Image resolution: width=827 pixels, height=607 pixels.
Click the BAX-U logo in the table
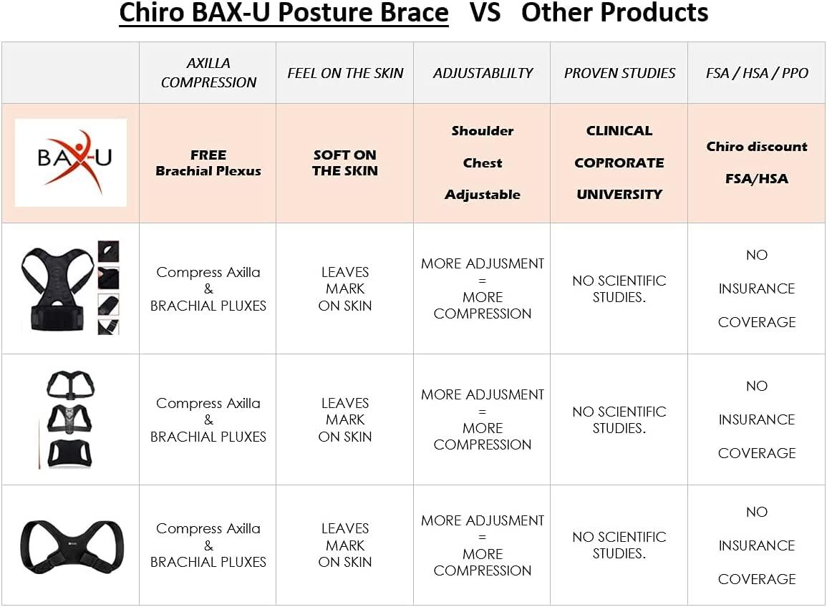(x=71, y=162)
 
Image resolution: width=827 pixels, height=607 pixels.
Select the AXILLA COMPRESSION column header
(x=208, y=73)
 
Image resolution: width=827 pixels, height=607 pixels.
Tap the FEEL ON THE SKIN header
(x=345, y=73)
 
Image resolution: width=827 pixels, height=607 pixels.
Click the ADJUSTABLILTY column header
(x=483, y=73)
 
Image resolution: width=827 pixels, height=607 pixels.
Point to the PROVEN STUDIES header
(x=619, y=73)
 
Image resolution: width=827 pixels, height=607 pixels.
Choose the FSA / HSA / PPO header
(x=757, y=73)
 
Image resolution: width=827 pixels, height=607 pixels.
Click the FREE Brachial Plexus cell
(x=208, y=163)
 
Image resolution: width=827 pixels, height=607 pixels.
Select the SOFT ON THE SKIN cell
(x=345, y=163)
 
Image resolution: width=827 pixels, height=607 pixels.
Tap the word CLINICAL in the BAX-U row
(x=619, y=131)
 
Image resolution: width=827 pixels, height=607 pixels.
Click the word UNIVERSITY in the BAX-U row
(x=619, y=194)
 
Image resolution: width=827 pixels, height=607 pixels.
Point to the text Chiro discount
(x=757, y=147)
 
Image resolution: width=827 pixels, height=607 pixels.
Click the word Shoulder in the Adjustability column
(x=483, y=131)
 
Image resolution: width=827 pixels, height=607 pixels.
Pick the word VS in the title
(x=485, y=13)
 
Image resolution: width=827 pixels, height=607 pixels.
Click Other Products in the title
(x=614, y=13)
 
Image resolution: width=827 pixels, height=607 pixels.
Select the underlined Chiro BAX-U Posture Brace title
(x=284, y=13)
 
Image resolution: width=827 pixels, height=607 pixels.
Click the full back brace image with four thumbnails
(x=70, y=288)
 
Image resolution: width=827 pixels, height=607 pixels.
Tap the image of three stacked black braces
(x=70, y=419)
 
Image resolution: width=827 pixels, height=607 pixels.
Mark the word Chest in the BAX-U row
(x=483, y=163)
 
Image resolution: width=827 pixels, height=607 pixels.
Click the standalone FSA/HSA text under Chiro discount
(x=757, y=179)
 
